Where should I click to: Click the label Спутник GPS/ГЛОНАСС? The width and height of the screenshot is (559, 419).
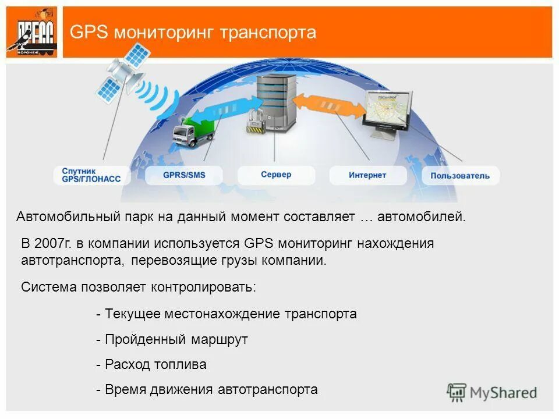(x=91, y=175)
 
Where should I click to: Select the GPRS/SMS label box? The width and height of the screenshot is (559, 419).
(x=184, y=175)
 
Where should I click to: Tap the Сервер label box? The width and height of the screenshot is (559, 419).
(x=276, y=175)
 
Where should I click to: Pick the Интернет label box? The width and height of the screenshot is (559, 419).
(x=367, y=175)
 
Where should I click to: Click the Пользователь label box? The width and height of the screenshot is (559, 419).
(x=460, y=175)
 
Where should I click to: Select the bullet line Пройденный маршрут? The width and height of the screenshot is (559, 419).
(x=172, y=339)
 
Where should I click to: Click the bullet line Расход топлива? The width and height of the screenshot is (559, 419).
(x=151, y=365)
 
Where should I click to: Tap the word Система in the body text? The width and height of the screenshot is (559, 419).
(x=48, y=287)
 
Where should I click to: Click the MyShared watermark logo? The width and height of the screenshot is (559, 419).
(x=492, y=392)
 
